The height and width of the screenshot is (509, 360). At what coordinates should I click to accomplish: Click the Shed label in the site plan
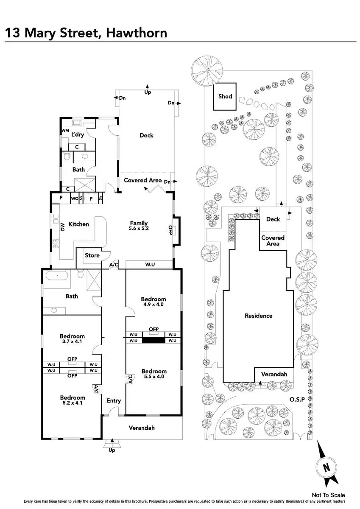(x=225, y=96)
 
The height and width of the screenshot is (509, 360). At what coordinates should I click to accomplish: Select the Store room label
(x=92, y=255)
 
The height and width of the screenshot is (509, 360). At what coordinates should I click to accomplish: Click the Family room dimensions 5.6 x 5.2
(x=139, y=228)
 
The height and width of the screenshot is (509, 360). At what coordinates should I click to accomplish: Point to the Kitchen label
(x=79, y=224)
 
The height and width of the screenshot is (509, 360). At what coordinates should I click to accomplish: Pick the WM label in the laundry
(x=65, y=130)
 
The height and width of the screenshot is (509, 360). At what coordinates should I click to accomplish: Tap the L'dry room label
(x=77, y=134)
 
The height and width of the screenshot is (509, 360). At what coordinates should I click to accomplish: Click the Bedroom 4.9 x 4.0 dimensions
(x=153, y=304)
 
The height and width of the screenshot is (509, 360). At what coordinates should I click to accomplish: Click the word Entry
(x=114, y=400)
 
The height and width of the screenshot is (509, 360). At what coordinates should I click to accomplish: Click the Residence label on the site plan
(x=258, y=316)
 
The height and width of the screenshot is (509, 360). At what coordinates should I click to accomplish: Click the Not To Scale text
(x=328, y=495)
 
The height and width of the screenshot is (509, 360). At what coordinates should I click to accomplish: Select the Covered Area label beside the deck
(x=142, y=180)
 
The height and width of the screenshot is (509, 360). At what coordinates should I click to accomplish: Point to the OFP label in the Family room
(x=170, y=229)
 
